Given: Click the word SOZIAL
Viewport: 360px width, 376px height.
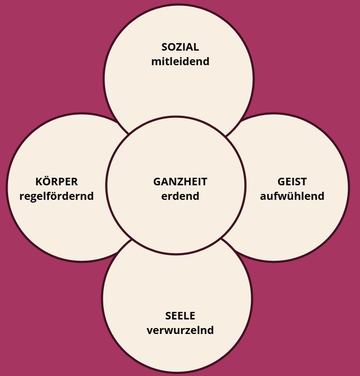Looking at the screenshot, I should point(180,47).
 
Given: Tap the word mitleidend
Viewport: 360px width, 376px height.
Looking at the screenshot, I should point(180,61).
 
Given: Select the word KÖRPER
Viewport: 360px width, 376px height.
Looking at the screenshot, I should point(57,182).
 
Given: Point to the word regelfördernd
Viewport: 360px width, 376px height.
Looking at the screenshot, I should point(57,196).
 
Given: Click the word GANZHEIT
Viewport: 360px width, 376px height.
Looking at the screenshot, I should point(180,182).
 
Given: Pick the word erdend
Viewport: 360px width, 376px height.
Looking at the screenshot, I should point(180,196).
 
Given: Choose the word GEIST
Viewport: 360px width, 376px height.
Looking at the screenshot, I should point(292,182).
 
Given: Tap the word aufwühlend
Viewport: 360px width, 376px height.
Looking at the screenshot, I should point(292,196).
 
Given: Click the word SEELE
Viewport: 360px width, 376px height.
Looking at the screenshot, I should point(180,316).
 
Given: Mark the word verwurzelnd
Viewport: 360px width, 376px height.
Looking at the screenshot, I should point(180,330).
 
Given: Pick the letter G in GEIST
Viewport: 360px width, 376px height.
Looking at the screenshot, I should point(281,182).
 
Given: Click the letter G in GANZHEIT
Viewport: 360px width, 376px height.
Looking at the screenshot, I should point(157,182).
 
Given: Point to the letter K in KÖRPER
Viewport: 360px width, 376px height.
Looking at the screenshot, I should point(39,182).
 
